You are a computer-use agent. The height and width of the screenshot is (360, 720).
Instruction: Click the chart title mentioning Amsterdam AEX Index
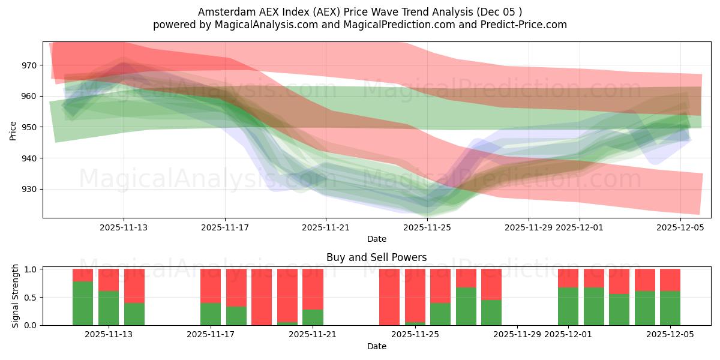click(360, 11)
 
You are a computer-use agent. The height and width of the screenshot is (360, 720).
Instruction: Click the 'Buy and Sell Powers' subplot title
click(376, 257)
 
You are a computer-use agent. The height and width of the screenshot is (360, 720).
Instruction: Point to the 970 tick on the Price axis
click(30, 65)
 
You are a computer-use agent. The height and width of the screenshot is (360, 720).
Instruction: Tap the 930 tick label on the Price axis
click(30, 190)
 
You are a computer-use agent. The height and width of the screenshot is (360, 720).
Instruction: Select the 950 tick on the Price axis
click(30, 127)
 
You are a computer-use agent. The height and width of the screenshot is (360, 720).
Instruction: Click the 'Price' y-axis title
click(13, 130)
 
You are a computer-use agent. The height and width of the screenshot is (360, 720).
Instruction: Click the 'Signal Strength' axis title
click(16, 296)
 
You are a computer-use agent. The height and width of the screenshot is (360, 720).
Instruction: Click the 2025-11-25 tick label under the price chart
click(427, 227)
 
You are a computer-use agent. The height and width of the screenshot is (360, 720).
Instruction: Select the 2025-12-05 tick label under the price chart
click(680, 227)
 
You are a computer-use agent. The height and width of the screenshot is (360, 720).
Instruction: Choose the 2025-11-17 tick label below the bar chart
click(211, 335)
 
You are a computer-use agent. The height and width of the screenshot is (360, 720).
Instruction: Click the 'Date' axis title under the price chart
click(376, 239)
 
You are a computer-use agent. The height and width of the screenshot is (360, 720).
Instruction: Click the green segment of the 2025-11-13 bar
click(109, 308)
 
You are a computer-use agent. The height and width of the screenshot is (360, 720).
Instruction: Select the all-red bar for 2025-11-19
click(262, 297)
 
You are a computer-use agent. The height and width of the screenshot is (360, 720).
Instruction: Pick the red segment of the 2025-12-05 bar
click(670, 280)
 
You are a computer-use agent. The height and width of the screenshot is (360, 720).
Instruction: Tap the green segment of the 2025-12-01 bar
click(568, 306)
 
